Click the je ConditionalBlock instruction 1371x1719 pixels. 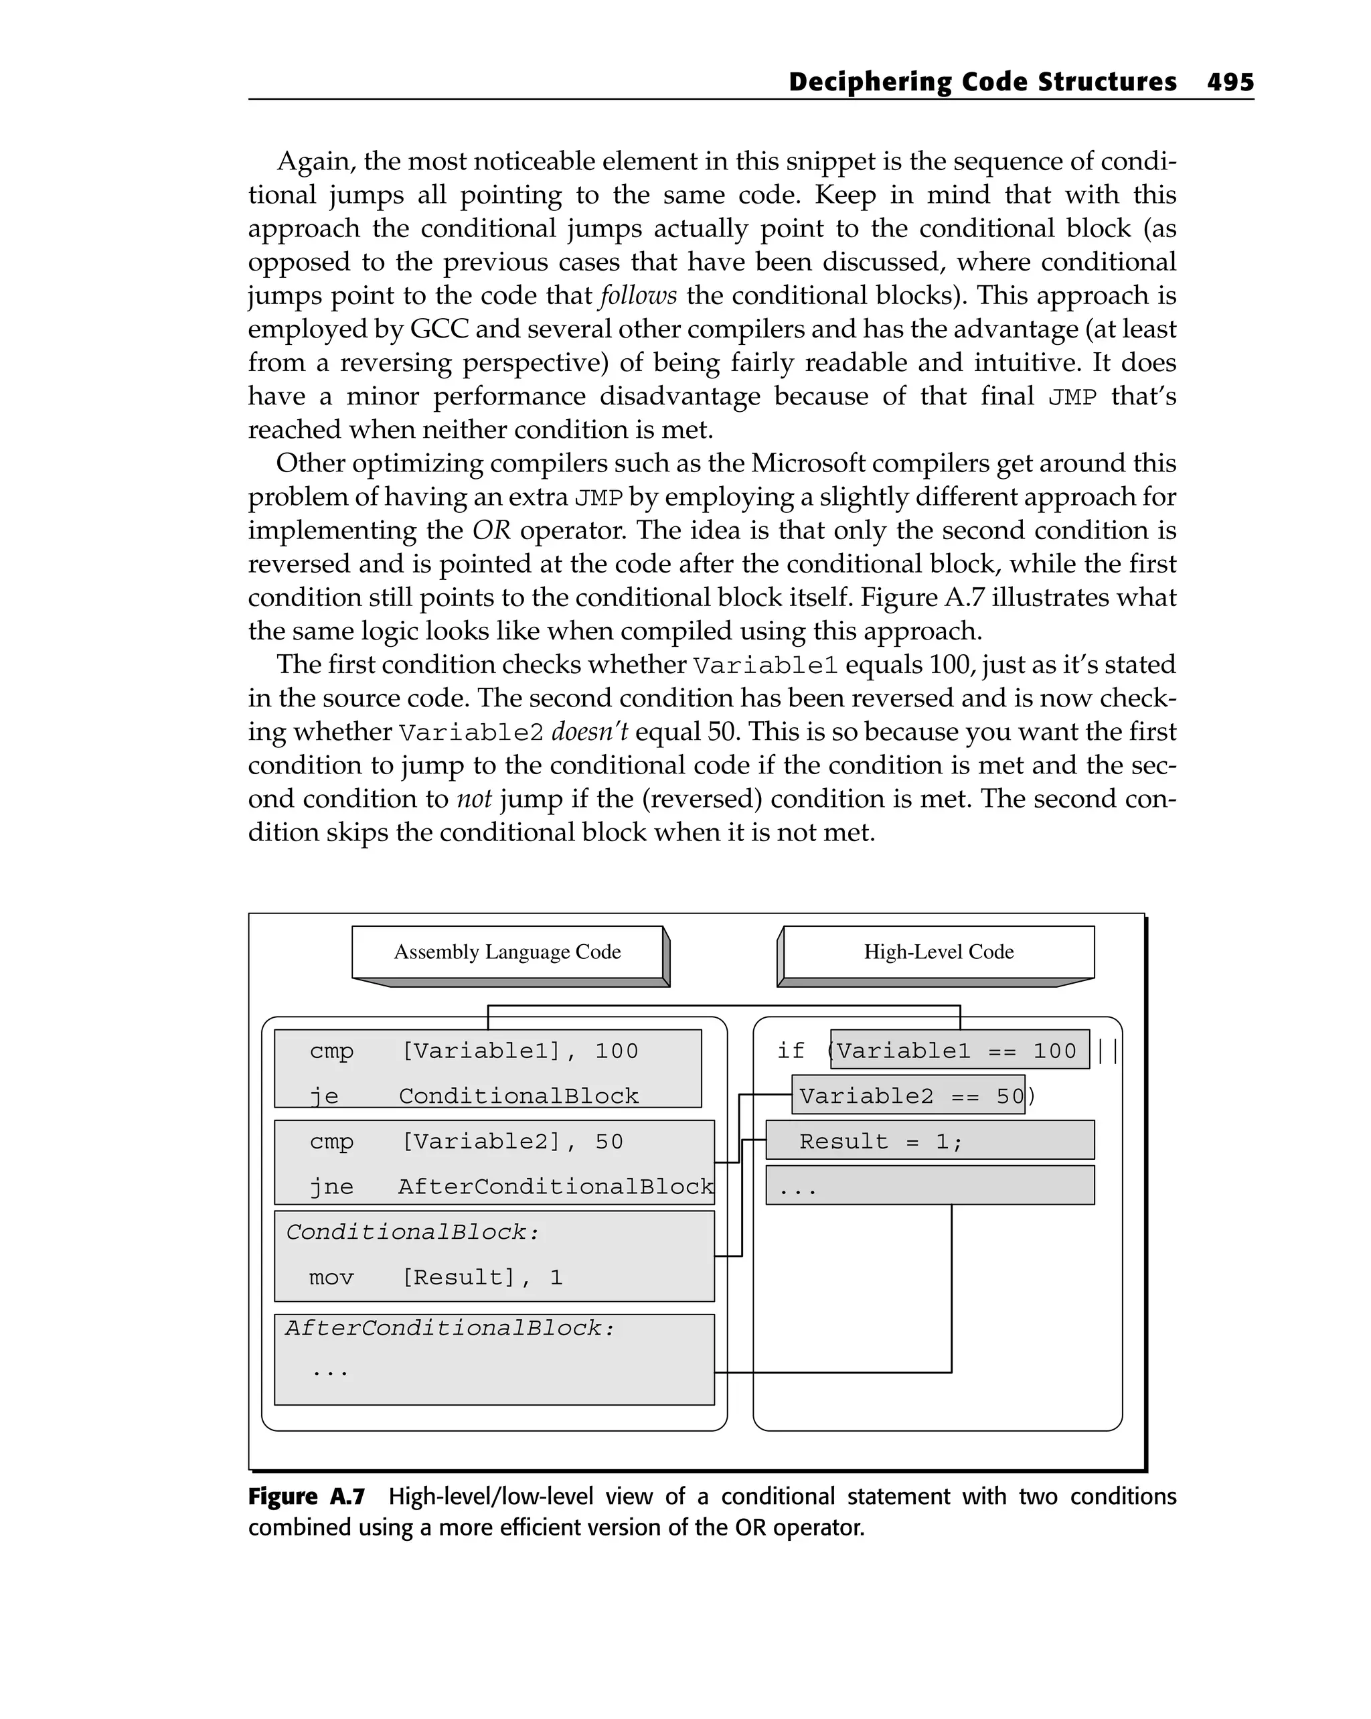point(474,1096)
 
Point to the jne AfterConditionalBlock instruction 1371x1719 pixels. point(511,1187)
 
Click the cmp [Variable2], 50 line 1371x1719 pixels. point(467,1142)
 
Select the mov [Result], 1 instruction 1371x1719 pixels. point(436,1277)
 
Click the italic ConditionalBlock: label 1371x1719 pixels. point(413,1233)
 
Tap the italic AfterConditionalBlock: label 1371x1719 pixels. point(451,1329)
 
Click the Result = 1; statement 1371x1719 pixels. point(882,1142)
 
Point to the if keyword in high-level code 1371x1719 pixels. point(791,1051)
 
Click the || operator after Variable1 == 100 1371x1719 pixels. point(1107,1051)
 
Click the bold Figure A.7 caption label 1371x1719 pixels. point(307,1497)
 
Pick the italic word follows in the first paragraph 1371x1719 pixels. point(638,296)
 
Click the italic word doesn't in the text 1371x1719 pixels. point(589,731)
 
